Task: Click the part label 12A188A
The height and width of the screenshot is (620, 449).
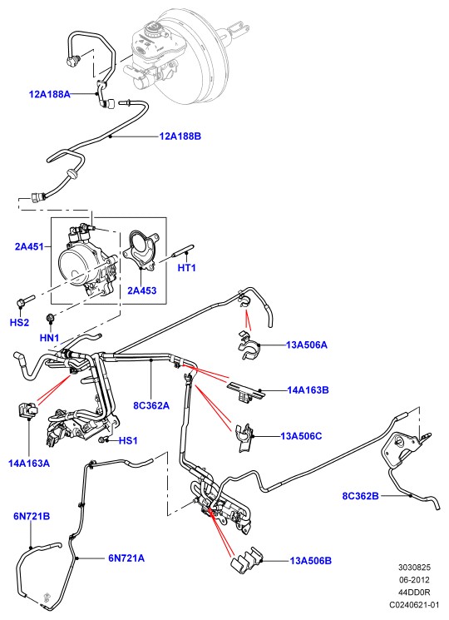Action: click(50, 94)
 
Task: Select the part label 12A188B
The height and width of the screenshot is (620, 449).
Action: click(180, 136)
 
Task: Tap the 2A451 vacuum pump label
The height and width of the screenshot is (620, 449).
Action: click(29, 246)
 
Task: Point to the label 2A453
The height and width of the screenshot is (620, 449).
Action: click(142, 290)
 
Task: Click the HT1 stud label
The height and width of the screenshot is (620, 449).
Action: click(187, 268)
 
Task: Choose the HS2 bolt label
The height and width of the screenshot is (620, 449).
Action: click(19, 323)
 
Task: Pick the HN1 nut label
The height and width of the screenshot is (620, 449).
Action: click(49, 338)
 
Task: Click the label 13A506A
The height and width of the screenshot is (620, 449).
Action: click(307, 345)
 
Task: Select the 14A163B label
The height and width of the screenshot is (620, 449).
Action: click(308, 390)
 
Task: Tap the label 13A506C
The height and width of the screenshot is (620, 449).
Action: click(301, 436)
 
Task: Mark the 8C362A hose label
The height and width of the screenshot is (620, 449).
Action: click(151, 405)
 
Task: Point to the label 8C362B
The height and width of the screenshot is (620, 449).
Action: click(361, 496)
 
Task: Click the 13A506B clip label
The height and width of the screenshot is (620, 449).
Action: click(311, 561)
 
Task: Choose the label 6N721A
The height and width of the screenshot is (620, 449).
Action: click(126, 558)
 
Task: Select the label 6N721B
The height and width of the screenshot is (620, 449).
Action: click(32, 517)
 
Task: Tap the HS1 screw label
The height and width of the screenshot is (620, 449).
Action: click(128, 440)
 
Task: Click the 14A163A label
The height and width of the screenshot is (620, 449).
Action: click(29, 464)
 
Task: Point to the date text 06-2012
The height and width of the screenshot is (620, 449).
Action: click(414, 580)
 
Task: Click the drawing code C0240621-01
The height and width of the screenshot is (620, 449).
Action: click(414, 605)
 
